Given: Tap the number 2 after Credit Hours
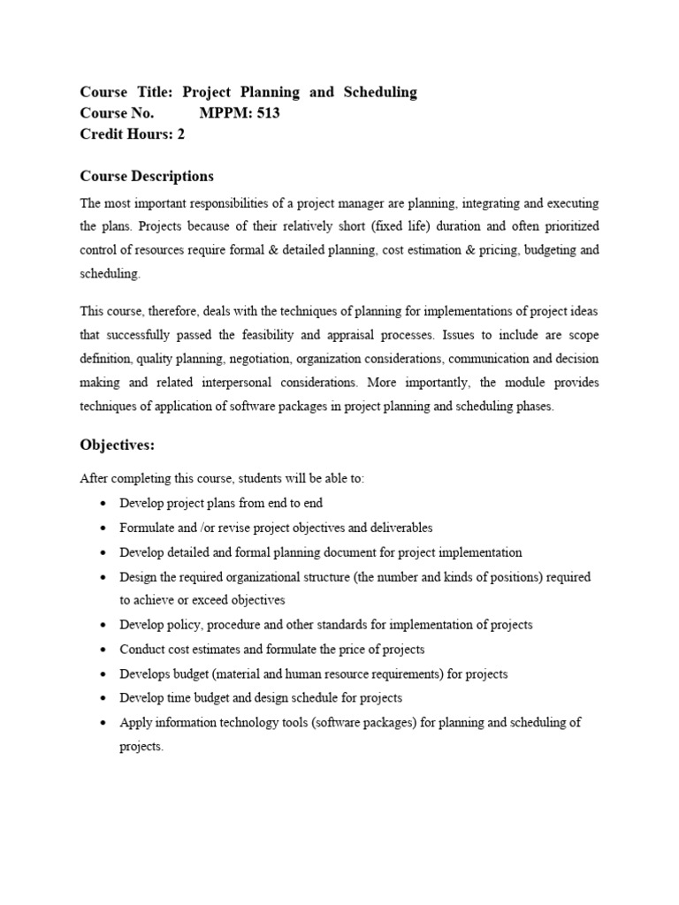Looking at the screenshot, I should (x=181, y=134).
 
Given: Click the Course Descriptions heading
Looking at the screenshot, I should (x=147, y=176).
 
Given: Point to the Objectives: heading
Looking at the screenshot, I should (x=117, y=444).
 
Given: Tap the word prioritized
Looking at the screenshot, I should (x=564, y=226).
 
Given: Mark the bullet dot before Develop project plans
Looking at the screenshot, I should (x=104, y=503).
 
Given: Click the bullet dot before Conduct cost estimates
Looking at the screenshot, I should (x=104, y=650).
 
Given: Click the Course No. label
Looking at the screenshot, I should (x=117, y=113).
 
